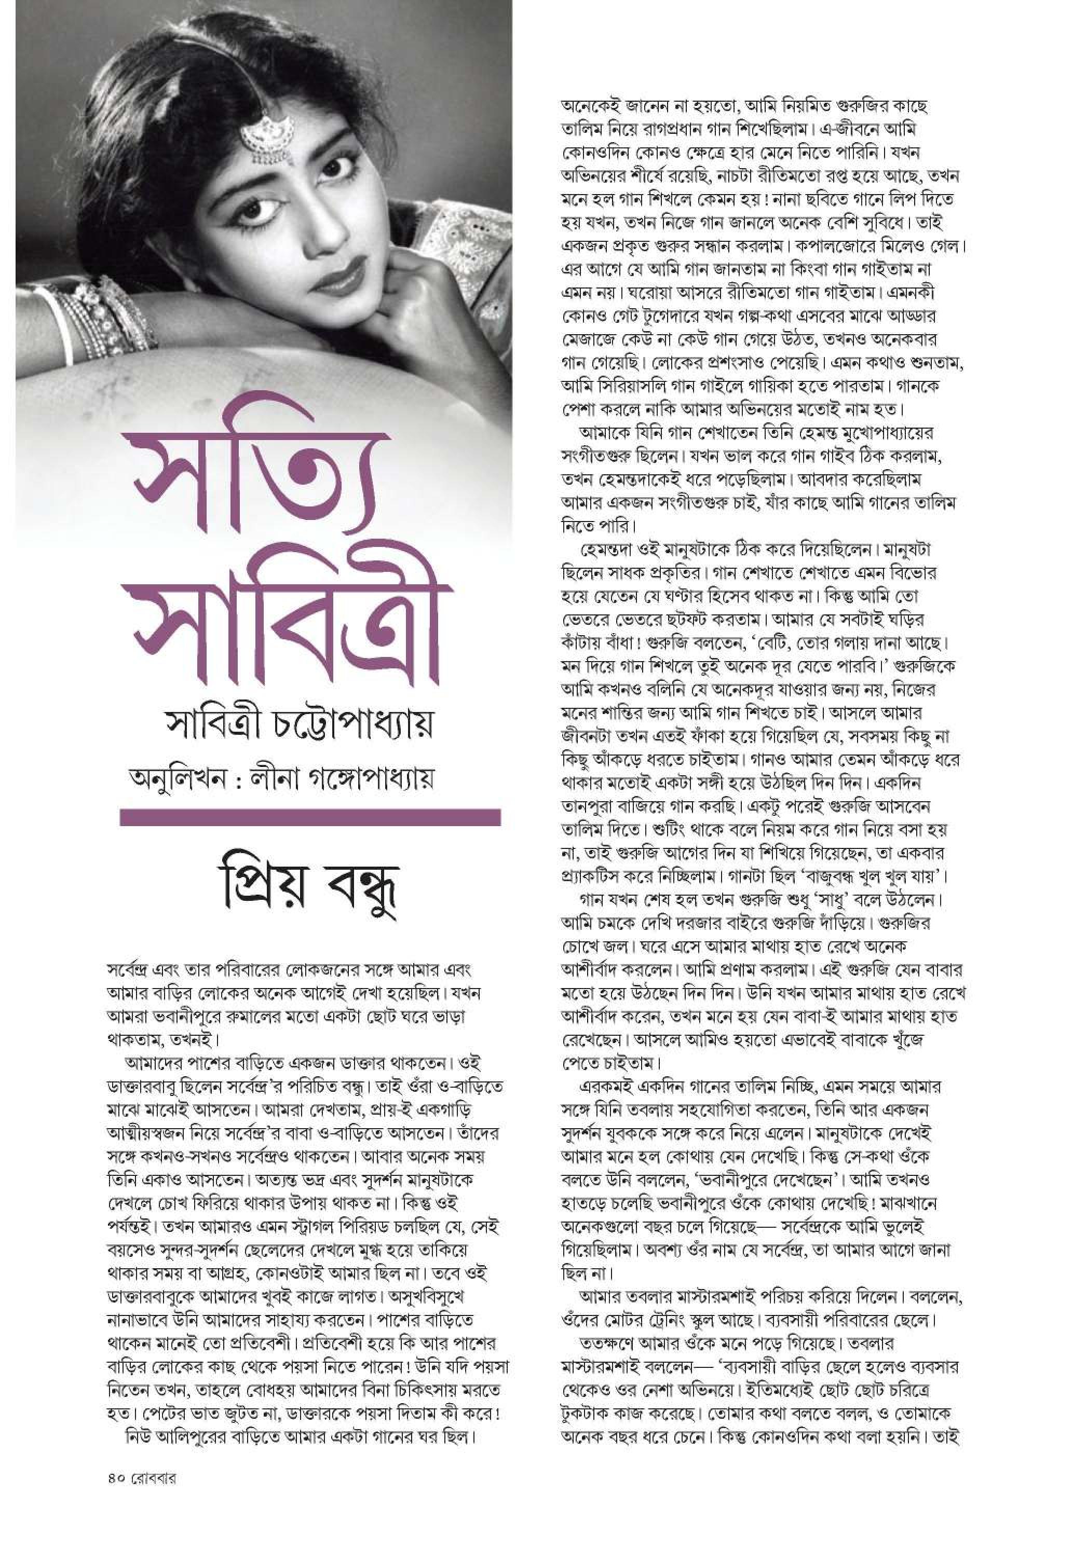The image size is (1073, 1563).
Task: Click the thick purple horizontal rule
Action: (x=310, y=817)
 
